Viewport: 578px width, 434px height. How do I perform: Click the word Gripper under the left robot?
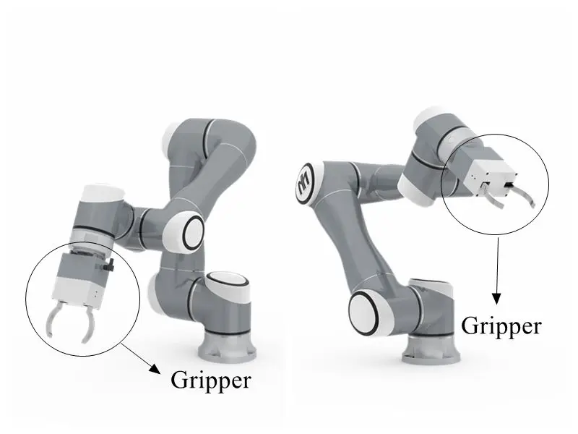(210, 379)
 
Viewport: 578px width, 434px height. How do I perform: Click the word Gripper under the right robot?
(501, 326)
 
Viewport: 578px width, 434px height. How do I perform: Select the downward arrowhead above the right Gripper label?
(496, 297)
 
